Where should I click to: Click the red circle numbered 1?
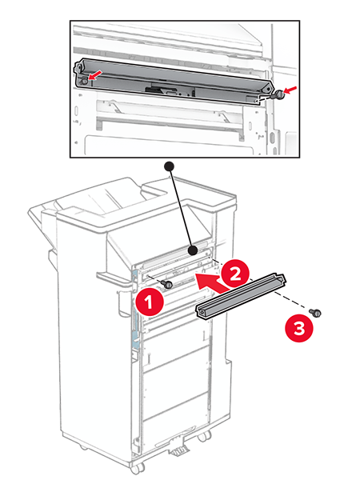(x=149, y=302)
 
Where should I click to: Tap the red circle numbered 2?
(x=235, y=274)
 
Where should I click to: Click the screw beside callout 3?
(x=315, y=313)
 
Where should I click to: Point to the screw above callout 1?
(x=167, y=284)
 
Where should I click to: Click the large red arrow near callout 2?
(x=212, y=282)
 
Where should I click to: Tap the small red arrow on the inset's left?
(x=95, y=75)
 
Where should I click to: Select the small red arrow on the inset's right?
(x=290, y=89)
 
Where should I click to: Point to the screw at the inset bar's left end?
(x=84, y=81)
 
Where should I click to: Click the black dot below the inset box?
(x=170, y=166)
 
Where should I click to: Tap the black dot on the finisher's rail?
(x=193, y=250)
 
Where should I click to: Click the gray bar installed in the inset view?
(x=174, y=80)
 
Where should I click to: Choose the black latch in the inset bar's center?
(x=158, y=90)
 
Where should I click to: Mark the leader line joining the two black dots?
(x=182, y=209)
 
